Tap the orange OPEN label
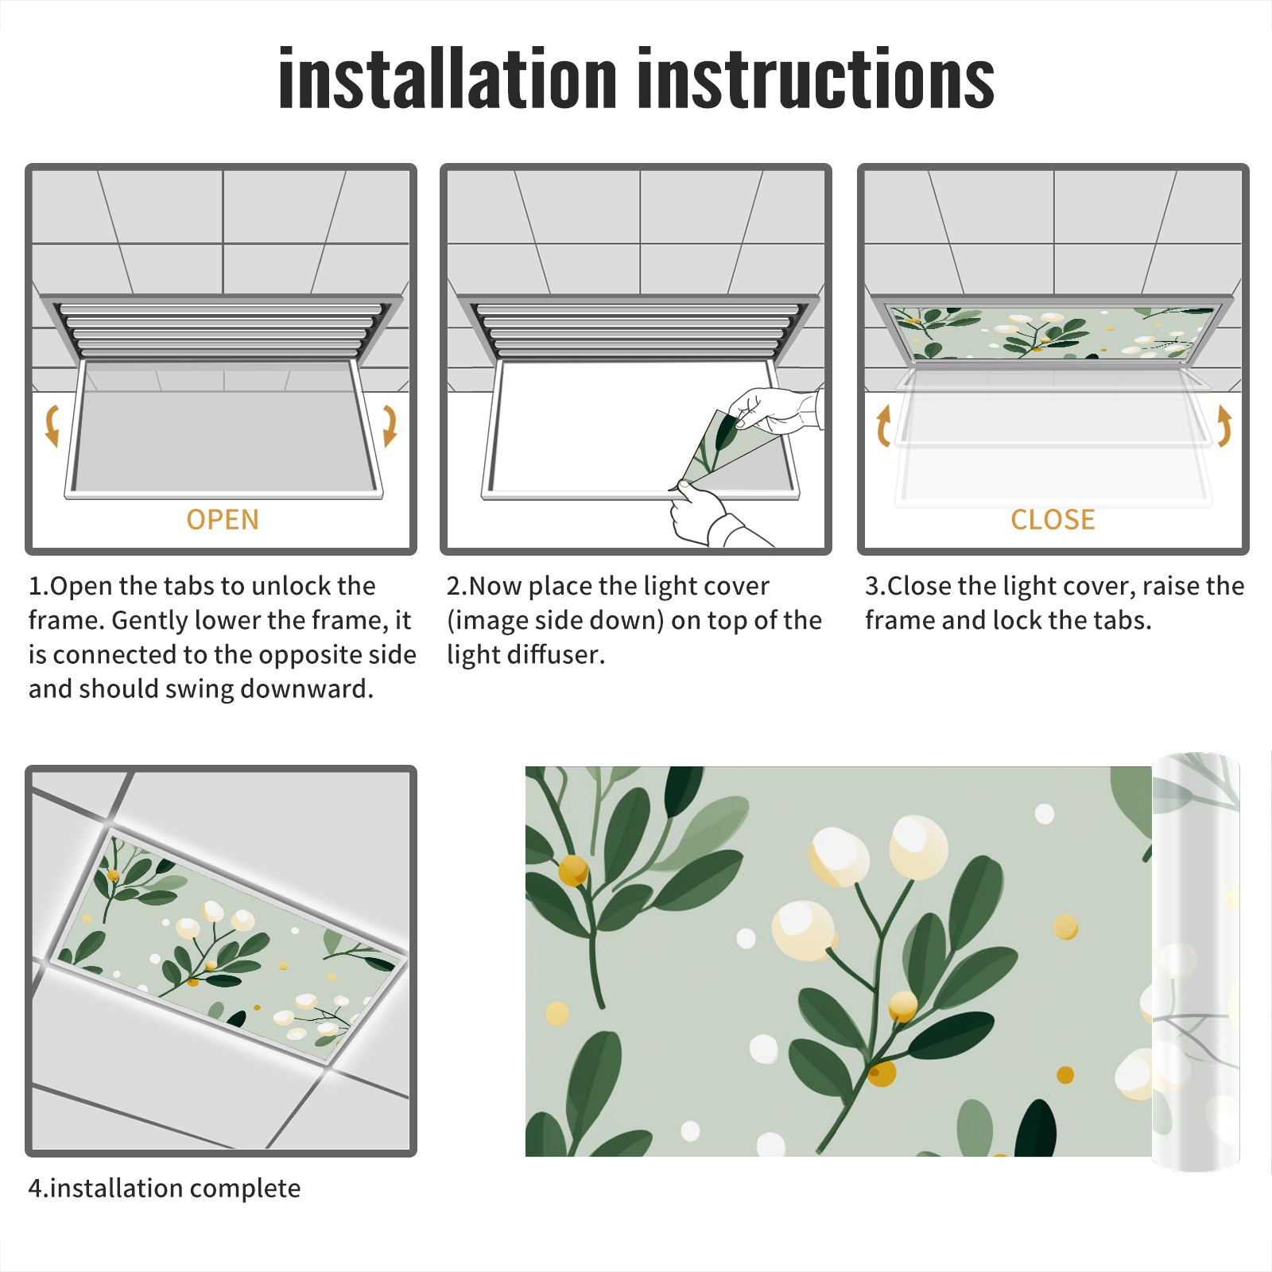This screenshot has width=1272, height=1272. (223, 519)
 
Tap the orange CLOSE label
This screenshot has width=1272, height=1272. (1053, 519)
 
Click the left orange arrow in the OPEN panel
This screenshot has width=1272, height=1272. (52, 425)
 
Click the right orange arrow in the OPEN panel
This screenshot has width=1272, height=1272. (390, 425)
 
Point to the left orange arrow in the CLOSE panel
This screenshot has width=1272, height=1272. (883, 425)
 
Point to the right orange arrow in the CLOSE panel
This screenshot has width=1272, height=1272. (1224, 425)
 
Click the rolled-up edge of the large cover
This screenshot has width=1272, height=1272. (1196, 962)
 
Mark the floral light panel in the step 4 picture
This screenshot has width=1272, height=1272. (231, 946)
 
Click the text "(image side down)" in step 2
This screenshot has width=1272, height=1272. (555, 620)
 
